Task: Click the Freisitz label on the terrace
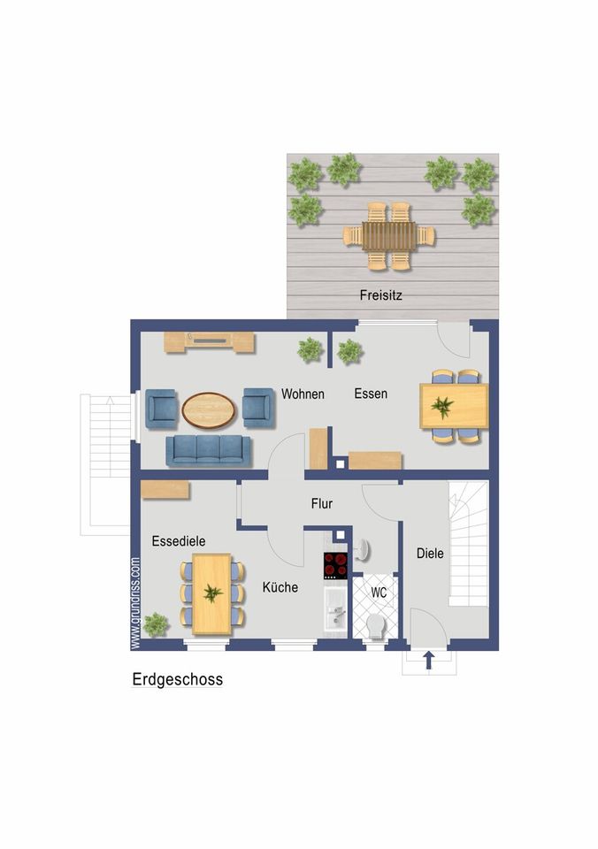(380, 295)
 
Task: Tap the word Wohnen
(303, 394)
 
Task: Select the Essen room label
(371, 393)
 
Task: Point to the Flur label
(322, 503)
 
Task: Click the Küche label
(280, 587)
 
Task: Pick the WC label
(379, 593)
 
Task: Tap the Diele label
(430, 554)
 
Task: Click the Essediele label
(179, 541)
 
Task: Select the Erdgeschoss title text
(178, 679)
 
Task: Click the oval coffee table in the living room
(209, 410)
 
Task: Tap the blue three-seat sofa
(209, 451)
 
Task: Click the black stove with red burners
(335, 565)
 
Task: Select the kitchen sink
(336, 611)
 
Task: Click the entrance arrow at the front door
(429, 660)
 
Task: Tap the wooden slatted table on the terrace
(389, 236)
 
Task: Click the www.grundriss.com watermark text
(135, 603)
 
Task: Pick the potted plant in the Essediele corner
(156, 625)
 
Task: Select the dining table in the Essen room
(454, 406)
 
